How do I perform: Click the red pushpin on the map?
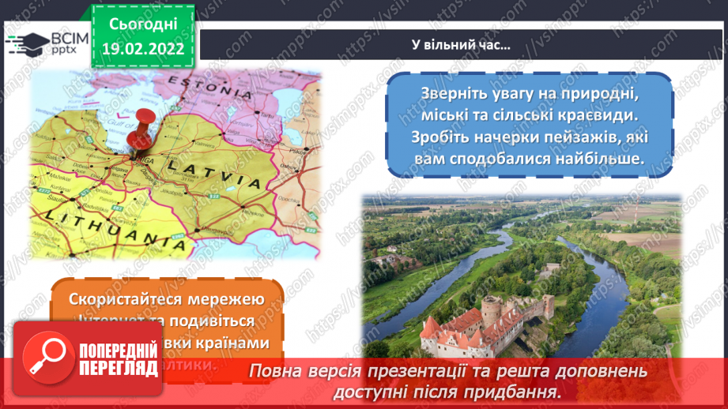(x=141, y=126)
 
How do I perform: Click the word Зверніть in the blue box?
(x=442, y=93)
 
